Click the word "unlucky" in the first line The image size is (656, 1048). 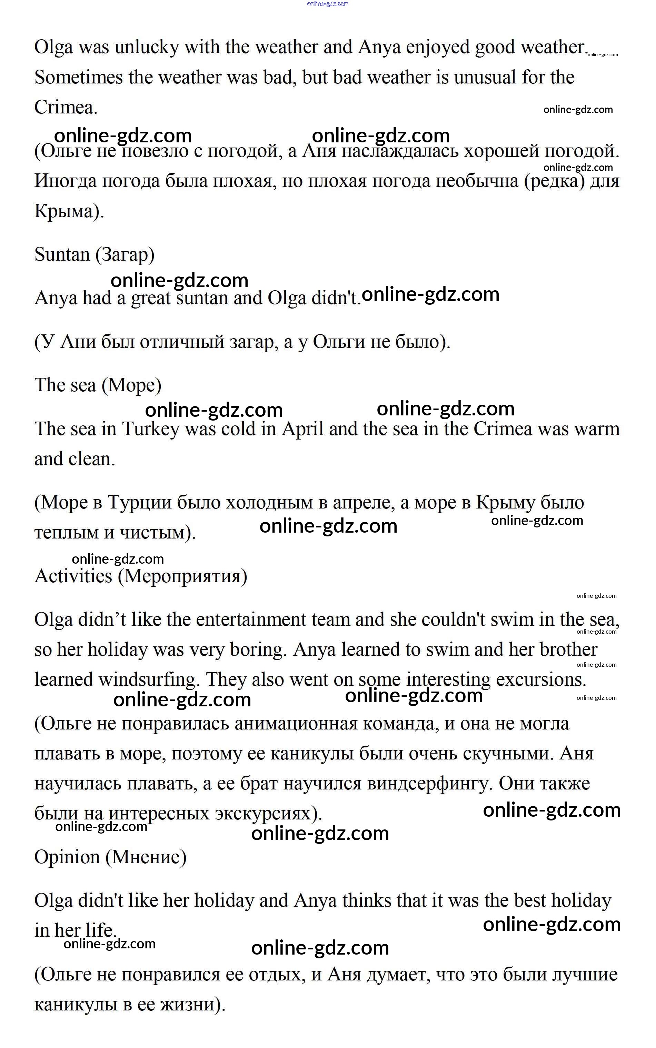[x=146, y=47]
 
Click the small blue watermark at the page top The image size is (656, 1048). [x=328, y=4]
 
